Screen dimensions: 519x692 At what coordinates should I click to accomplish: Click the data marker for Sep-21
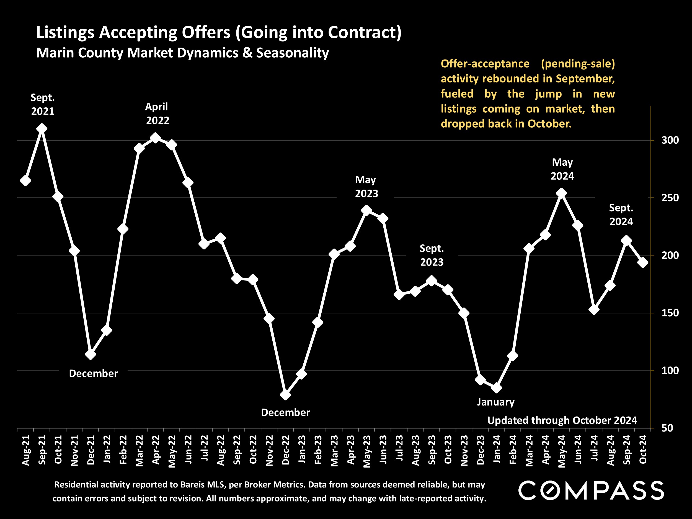(42, 129)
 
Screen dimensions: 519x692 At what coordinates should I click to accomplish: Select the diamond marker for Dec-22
(285, 395)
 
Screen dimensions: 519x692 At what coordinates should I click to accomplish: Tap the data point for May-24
(562, 193)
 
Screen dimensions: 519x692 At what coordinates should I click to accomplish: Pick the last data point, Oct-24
(643, 262)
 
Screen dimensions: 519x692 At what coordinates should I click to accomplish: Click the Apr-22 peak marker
(156, 138)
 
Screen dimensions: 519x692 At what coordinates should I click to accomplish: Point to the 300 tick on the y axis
(670, 140)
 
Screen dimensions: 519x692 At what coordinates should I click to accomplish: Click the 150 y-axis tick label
(670, 313)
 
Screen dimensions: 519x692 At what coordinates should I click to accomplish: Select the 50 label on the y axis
(670, 428)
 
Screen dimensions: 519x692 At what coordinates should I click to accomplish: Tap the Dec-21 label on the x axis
(91, 450)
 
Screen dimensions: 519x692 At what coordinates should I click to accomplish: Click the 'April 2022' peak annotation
(157, 113)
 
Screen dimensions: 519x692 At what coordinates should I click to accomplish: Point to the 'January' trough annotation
(495, 402)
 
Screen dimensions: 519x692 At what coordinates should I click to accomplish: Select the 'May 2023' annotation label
(366, 187)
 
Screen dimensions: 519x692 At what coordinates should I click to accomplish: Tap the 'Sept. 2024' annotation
(621, 215)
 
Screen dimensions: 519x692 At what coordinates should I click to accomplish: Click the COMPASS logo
(591, 490)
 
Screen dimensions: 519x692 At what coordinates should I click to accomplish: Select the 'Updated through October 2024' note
(562, 420)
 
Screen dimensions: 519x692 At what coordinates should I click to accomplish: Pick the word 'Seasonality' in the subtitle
(293, 53)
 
